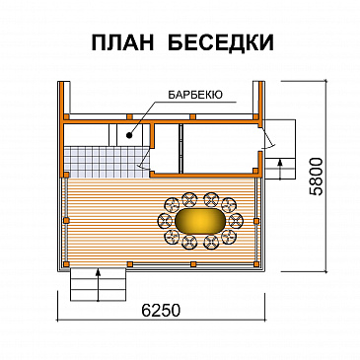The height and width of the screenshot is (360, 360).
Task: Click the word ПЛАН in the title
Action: click(119, 42)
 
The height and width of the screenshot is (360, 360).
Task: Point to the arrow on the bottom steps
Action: click(99, 275)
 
